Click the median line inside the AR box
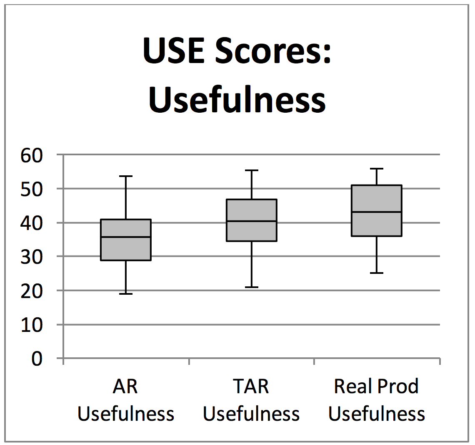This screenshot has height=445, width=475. coord(126,237)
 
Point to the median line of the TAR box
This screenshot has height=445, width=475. coord(252,221)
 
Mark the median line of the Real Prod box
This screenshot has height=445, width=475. coord(377,212)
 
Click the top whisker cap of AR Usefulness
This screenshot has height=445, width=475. coord(126,176)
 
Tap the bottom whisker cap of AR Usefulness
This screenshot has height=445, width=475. coord(126,294)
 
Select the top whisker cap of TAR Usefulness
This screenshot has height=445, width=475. coord(252,170)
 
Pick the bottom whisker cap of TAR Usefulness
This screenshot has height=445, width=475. coord(252,287)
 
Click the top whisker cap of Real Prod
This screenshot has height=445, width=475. coord(377,169)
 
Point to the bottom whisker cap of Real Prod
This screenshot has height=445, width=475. coord(377,273)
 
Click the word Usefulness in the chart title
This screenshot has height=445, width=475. coord(237,100)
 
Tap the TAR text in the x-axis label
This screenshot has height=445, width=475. coord(251,386)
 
